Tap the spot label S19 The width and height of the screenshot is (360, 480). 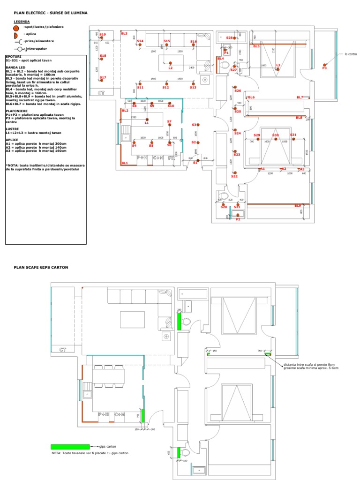(103, 35)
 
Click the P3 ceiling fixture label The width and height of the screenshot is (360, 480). (324, 68)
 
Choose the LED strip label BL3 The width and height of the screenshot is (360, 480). (124, 34)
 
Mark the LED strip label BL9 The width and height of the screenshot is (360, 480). (298, 206)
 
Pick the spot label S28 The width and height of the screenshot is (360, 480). (229, 37)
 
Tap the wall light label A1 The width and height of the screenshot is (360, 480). (262, 169)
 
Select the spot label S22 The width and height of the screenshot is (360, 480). (234, 176)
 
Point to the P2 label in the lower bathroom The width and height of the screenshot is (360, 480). (238, 219)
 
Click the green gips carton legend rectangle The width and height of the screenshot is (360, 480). (70, 447)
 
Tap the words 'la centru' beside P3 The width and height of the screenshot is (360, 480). (351, 54)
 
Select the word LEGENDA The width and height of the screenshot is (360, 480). (22, 22)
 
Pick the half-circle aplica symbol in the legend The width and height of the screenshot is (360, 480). (16, 35)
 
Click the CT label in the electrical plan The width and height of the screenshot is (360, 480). (101, 93)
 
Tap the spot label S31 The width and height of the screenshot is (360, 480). (293, 135)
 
